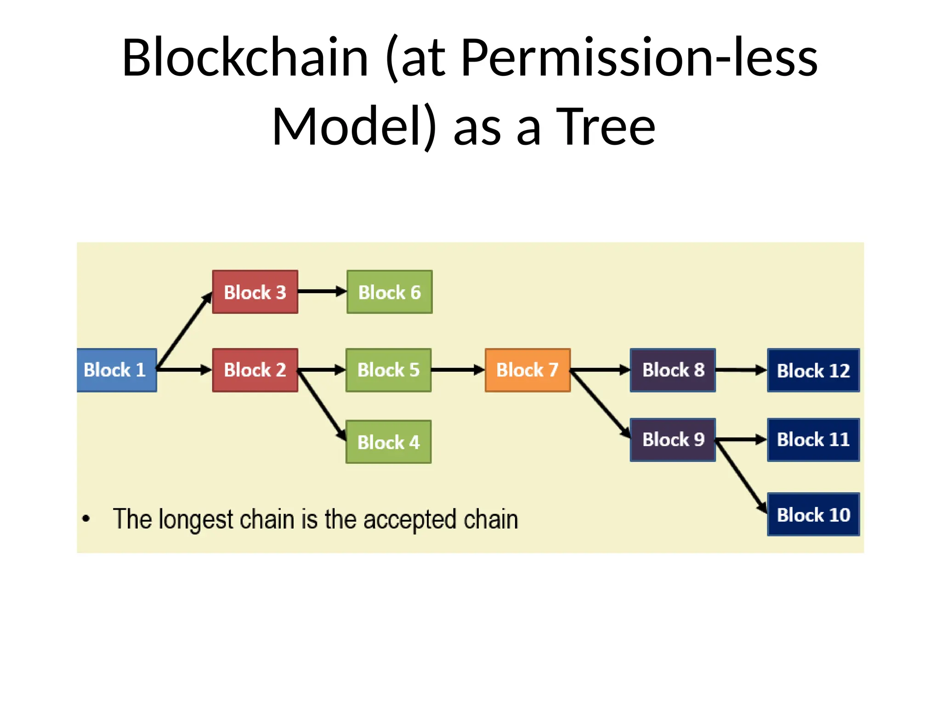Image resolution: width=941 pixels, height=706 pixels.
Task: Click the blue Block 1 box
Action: (116, 370)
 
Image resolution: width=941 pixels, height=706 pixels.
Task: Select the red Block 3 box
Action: (255, 292)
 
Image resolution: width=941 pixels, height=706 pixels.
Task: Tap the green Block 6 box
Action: (389, 292)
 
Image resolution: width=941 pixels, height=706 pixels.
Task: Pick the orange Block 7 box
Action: (527, 370)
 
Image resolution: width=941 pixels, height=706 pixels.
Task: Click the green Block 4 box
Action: (388, 442)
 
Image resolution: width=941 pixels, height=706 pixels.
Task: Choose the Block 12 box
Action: (813, 370)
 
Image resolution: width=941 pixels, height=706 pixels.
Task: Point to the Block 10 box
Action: (813, 514)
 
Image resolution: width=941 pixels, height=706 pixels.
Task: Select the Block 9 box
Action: (673, 439)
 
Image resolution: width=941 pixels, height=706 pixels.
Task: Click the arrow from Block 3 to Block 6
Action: (322, 291)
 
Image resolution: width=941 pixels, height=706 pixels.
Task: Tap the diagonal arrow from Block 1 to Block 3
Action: (184, 331)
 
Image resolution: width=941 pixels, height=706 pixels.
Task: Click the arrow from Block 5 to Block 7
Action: (458, 370)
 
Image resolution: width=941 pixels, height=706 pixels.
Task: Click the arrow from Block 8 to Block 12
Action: (741, 370)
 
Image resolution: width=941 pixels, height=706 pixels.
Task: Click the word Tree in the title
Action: (606, 126)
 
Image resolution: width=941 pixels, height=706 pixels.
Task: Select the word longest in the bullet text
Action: (196, 519)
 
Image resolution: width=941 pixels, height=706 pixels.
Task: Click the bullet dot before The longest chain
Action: (86, 519)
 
